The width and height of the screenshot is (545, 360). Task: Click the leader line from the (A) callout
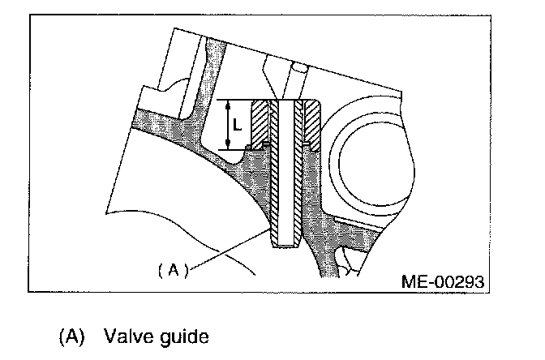coord(231,249)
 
